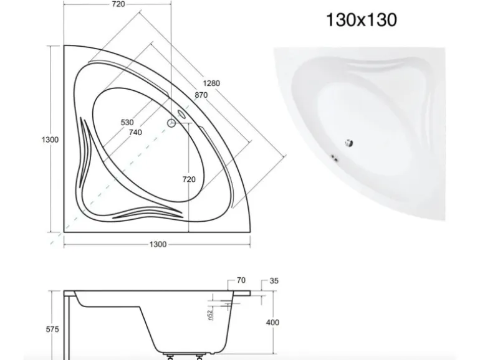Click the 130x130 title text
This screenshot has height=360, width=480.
click(x=362, y=19)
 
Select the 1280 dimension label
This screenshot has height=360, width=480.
click(x=211, y=83)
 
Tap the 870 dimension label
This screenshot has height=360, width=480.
click(x=201, y=95)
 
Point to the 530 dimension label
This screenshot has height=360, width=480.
click(x=127, y=122)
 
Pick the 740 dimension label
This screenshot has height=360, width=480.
click(x=135, y=133)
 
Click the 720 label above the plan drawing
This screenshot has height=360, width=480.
click(x=118, y=4)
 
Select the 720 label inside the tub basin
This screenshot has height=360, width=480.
click(x=189, y=179)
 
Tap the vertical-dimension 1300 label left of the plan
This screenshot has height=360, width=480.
click(x=50, y=140)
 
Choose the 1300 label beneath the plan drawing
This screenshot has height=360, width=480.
click(x=158, y=244)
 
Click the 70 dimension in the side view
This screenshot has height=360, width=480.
click(x=241, y=280)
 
